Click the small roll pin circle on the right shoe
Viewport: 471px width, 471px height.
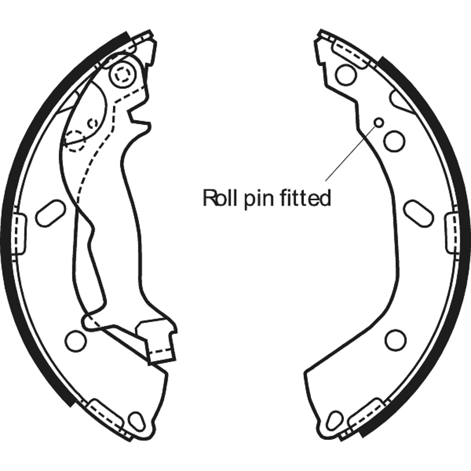(379, 122)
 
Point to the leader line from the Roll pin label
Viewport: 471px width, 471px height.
(350, 154)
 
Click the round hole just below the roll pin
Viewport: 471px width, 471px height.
(394, 141)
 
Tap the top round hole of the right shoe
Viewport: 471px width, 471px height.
(346, 75)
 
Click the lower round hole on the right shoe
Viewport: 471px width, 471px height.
(395, 340)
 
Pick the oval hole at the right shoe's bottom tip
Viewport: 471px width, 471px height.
(334, 421)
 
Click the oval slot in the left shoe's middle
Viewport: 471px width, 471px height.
(50, 213)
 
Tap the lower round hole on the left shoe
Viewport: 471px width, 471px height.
(76, 341)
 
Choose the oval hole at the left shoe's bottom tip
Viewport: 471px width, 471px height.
(137, 422)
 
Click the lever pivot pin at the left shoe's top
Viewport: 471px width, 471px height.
(122, 74)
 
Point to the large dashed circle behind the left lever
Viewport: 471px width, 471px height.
(75, 141)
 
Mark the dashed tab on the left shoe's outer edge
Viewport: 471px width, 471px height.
(19, 234)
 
